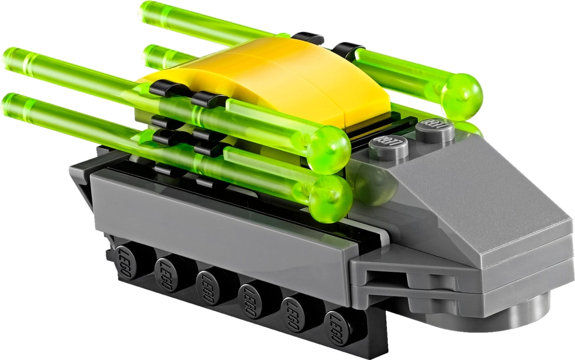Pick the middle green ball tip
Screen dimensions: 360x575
click(x=330, y=150)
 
